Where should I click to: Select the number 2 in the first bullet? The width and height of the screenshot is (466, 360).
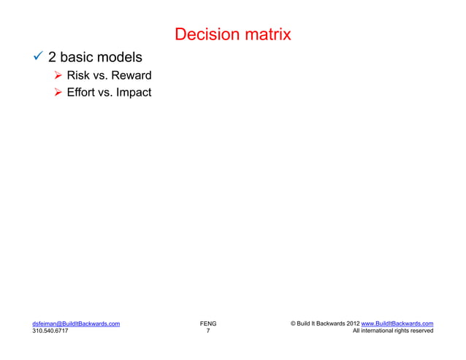(x=53, y=57)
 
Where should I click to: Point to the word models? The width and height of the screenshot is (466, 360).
(x=118, y=57)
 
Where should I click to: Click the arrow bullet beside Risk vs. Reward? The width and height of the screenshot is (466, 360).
(x=59, y=75)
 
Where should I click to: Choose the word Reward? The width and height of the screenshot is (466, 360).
(x=131, y=75)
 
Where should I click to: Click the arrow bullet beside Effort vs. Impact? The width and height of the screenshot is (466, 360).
(x=59, y=93)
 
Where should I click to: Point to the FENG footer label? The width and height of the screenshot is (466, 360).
(x=207, y=323)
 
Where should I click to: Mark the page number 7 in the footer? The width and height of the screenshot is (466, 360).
(x=207, y=331)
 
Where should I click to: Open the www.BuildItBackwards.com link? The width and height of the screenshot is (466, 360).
(x=397, y=323)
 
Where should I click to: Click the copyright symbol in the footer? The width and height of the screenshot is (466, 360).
(x=293, y=323)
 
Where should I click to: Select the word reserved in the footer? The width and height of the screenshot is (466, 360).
(x=419, y=331)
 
